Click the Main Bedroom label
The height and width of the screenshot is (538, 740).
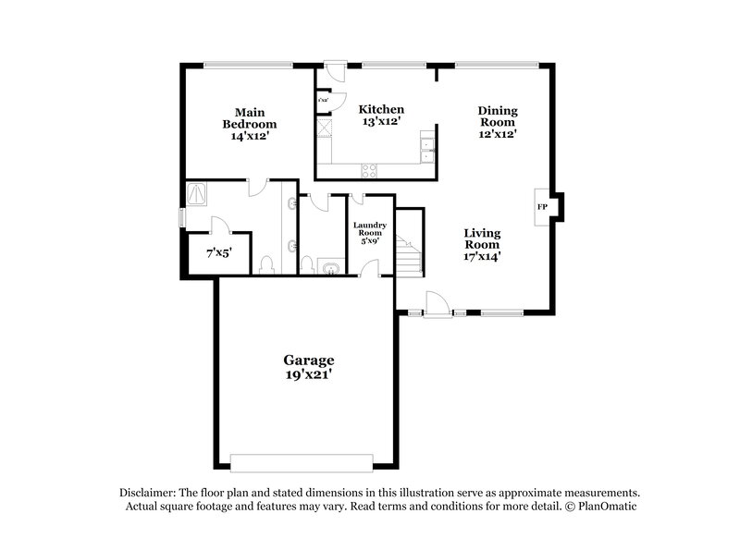click(249, 117)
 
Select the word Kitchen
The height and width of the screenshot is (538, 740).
click(381, 109)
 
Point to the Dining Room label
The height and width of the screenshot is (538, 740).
click(498, 116)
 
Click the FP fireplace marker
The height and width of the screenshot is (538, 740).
click(542, 206)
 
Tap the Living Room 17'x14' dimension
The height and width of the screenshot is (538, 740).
click(482, 257)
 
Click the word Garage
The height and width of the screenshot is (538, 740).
click(308, 360)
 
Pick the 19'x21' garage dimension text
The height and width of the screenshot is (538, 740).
click(308, 375)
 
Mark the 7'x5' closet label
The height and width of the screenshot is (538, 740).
click(218, 252)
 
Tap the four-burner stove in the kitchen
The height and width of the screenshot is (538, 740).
click(369, 169)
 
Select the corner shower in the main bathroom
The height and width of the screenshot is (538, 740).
click(198, 193)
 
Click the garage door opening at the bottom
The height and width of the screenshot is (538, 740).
click(302, 462)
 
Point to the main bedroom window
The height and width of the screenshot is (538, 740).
click(248, 65)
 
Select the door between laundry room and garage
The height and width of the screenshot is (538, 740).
click(369, 269)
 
